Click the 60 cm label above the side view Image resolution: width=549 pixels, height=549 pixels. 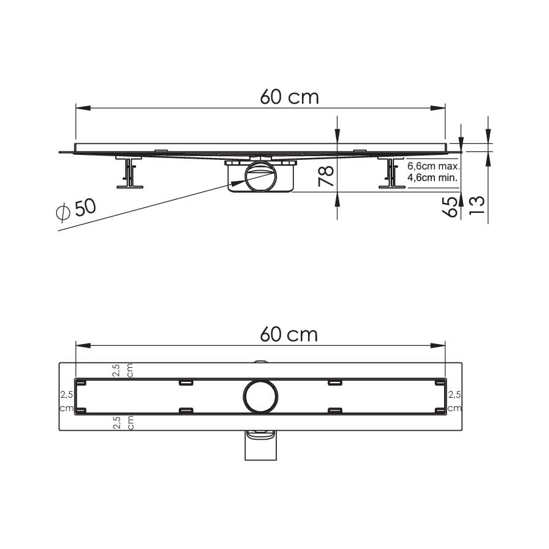tap(290, 97)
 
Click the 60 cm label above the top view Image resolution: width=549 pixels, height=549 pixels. tap(289, 334)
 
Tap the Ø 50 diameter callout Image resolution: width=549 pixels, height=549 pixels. tap(76, 209)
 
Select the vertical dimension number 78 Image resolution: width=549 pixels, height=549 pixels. tap(326, 176)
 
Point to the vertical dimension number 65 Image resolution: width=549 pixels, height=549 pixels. tap(450, 207)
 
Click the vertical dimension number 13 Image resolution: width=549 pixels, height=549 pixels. tap(477, 205)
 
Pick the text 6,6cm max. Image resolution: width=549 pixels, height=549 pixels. tap(434, 166)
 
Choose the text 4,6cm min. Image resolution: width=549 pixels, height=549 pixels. tap(432, 178)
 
